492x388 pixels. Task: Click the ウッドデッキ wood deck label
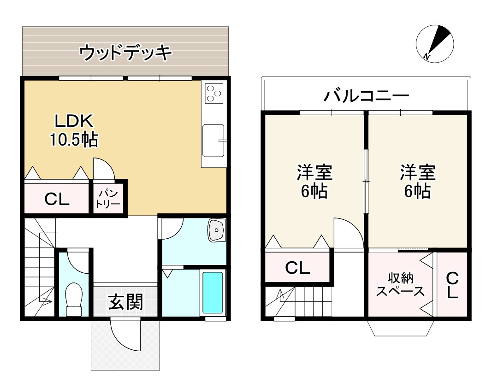125,53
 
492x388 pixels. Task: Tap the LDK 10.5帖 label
74,130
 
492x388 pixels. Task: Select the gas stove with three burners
214,93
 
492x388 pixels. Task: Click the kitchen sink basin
213,141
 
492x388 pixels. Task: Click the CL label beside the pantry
57,199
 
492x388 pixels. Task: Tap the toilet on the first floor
74,300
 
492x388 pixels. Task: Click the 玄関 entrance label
125,302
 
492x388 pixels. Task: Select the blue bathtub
213,293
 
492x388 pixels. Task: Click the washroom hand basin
217,230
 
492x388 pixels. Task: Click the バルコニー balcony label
366,95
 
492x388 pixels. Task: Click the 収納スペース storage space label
400,285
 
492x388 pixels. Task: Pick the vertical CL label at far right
452,285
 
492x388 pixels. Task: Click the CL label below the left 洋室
297,268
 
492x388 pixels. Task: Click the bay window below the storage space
401,328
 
